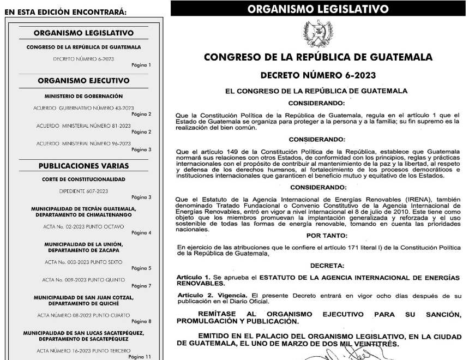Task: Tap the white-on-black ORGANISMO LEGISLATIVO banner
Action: click(318, 9)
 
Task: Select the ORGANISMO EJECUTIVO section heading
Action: click(83, 81)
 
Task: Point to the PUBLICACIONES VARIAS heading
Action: click(83, 165)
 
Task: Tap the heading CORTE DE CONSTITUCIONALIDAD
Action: click(83, 179)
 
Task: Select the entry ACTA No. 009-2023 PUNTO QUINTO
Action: click(83, 279)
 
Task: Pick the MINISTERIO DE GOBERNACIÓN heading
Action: click(83, 95)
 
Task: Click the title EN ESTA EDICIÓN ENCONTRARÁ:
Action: click(65, 11)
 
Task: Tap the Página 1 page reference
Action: click(141, 65)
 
